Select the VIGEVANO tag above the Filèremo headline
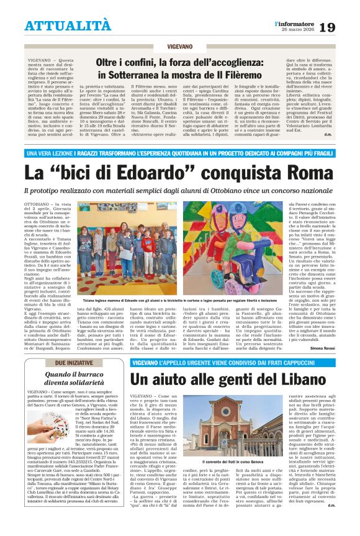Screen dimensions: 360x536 [x=179, y=47]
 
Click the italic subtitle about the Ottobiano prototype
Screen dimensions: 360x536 [x=179, y=189]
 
